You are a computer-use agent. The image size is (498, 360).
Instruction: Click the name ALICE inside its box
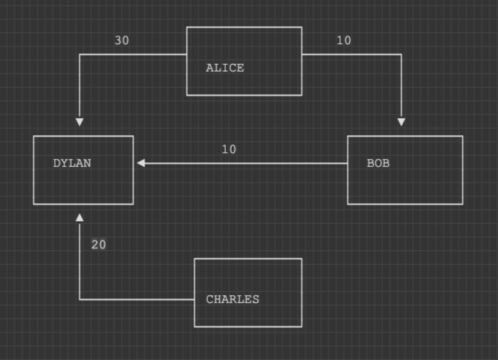[x=225, y=68]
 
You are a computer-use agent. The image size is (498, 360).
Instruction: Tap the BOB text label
[x=378, y=163]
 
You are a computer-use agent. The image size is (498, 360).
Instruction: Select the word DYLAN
[x=72, y=163]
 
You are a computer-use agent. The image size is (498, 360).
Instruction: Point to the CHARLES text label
[x=232, y=300]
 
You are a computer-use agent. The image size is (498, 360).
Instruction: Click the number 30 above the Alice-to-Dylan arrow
[x=122, y=41]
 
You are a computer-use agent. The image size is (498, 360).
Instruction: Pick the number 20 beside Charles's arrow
[x=98, y=245]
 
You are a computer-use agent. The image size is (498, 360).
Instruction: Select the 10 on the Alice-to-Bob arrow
[x=344, y=41]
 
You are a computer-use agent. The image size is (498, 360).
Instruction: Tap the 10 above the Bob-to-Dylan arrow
[x=229, y=150]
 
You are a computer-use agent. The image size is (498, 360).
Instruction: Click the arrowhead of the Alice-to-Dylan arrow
[x=80, y=122]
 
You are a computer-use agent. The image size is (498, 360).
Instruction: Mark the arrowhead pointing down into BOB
[x=401, y=122]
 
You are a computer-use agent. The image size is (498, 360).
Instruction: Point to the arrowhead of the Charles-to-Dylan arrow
[x=80, y=218]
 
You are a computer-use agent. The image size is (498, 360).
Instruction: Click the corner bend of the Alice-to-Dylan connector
[x=80, y=54]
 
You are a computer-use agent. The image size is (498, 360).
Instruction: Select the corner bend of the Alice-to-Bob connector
[x=401, y=54]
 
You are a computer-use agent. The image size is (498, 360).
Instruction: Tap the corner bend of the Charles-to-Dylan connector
[x=80, y=300]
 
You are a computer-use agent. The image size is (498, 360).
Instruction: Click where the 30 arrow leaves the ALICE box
[x=187, y=54]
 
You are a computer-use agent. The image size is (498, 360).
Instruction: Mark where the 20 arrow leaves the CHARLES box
[x=195, y=300]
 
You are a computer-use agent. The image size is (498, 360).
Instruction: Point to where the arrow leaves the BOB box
[x=348, y=163]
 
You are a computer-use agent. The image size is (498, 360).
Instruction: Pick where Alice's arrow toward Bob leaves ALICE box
[x=302, y=54]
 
